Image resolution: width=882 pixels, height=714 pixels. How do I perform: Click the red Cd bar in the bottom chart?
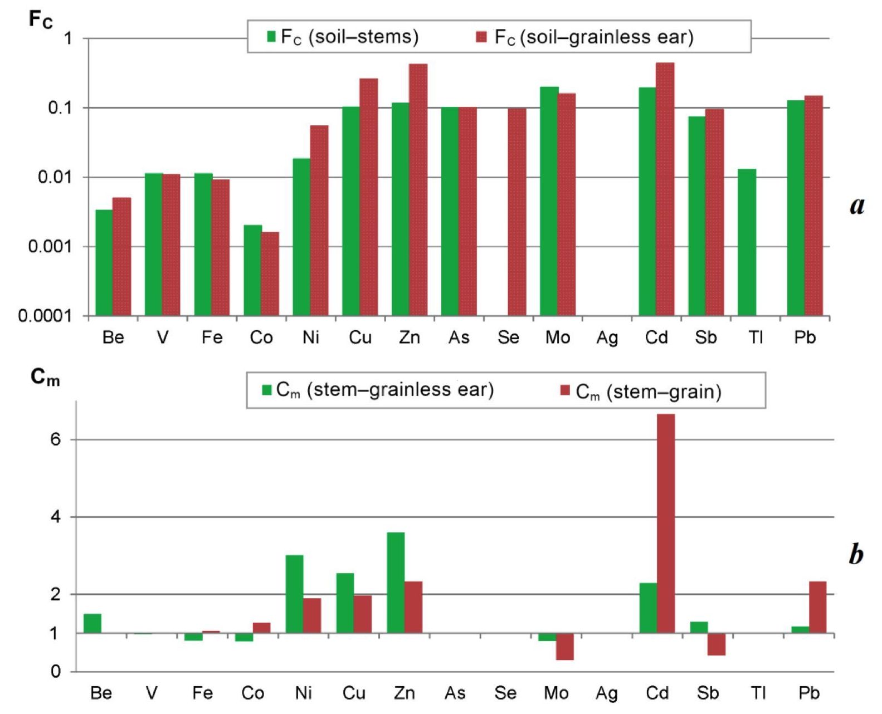pos(666,524)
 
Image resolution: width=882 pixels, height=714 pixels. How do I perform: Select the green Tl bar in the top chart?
pos(747,242)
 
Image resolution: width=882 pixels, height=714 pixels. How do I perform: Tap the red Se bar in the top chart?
pos(517,212)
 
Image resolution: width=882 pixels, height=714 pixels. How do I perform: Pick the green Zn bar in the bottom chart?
pos(396,583)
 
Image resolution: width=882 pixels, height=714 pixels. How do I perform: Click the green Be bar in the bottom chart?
pos(92,623)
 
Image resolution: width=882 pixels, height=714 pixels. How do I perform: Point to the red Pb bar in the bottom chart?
pos(817,607)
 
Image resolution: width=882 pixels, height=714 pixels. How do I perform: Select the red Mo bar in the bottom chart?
pos(564,647)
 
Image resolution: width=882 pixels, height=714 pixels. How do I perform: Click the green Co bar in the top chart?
pos(252,270)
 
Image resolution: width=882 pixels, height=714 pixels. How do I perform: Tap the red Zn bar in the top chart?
pos(418,189)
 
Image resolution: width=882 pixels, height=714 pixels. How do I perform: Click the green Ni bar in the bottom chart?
pos(294,594)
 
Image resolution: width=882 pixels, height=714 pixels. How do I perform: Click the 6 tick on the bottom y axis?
pos(55,439)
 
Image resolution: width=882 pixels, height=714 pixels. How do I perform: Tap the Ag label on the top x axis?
pos(607,338)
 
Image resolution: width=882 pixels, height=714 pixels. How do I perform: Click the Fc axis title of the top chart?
pos(40,20)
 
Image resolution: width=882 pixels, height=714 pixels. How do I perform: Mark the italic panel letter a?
pos(857,206)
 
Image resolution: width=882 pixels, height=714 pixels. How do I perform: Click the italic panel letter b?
pos(856,554)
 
